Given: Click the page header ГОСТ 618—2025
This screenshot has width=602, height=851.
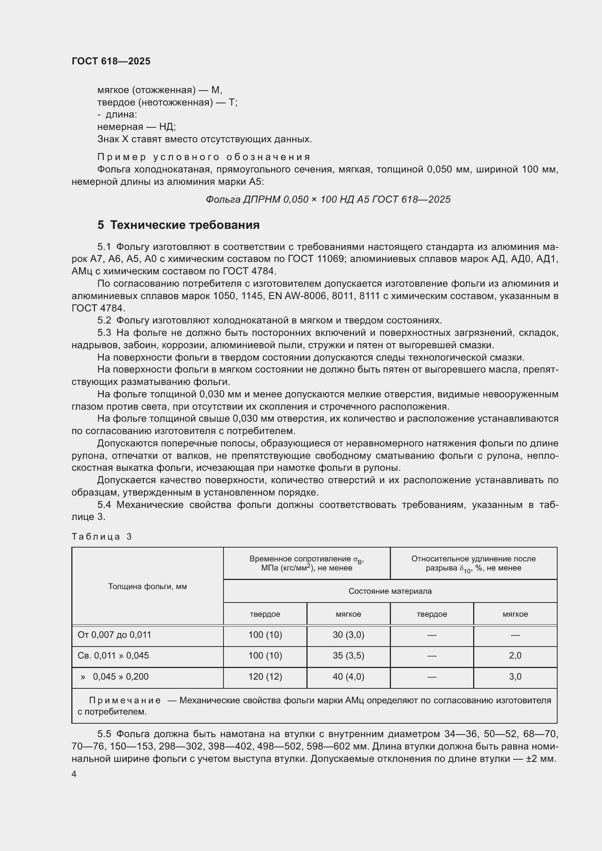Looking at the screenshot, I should point(111,61).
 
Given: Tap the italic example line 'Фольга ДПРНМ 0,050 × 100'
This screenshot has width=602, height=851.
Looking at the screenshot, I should point(328,199).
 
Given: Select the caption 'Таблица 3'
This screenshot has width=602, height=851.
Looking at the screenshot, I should point(102,537).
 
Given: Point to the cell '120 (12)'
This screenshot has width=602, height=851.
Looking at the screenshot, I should point(265,676).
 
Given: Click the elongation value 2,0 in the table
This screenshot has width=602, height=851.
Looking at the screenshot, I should point(515,655).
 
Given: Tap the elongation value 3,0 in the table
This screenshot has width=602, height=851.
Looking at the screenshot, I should point(515,676).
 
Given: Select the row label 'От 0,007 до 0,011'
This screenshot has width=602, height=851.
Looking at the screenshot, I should point(114,635).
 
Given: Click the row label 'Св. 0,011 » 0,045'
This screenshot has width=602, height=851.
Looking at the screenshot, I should point(113,655).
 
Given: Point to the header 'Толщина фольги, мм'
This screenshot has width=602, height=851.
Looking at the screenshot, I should point(147,586).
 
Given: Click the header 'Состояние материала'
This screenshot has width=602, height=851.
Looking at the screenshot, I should point(390,591).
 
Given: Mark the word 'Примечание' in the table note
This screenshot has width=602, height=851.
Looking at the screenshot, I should point(125,700).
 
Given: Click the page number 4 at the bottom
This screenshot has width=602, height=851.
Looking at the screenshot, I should point(74,774).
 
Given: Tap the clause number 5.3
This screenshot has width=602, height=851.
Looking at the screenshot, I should point(104,333).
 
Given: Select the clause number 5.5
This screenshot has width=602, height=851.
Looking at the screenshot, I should point(104,734).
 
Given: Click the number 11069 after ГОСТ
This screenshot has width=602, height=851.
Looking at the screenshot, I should point(330,259).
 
